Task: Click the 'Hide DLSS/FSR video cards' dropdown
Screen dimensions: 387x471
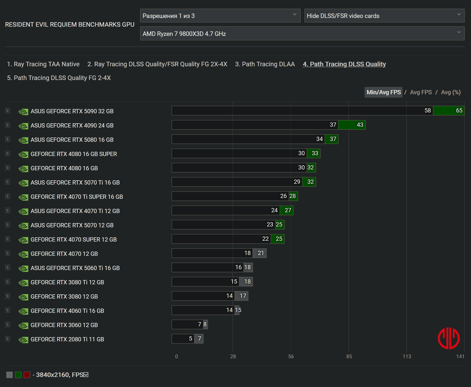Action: (384, 16)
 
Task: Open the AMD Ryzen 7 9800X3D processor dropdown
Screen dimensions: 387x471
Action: (302, 34)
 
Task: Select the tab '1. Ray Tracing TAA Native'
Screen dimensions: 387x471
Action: (43, 64)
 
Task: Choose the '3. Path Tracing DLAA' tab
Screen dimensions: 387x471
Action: (265, 64)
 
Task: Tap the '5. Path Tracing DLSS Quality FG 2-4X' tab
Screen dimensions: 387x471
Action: (59, 78)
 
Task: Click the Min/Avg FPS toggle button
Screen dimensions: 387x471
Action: (383, 92)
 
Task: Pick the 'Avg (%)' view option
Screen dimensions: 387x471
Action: (451, 92)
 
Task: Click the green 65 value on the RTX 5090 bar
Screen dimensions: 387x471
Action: (459, 111)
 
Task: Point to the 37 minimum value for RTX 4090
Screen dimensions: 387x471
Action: (333, 125)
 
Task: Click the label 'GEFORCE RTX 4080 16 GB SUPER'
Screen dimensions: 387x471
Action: (74, 154)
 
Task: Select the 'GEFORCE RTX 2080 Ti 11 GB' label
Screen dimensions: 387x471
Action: (67, 339)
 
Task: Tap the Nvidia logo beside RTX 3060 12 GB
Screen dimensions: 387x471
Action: (23, 325)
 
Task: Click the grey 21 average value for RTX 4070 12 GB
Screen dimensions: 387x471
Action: (260, 253)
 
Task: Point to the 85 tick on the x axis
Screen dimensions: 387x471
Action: (349, 356)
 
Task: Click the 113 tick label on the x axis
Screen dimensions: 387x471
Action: (407, 356)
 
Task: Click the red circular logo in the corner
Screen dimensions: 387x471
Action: (449, 338)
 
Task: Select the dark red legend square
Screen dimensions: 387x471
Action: (27, 375)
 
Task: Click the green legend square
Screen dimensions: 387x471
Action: (18, 375)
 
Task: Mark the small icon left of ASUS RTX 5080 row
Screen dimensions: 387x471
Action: (8, 139)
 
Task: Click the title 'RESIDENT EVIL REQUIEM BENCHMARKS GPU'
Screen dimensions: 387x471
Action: (70, 25)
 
